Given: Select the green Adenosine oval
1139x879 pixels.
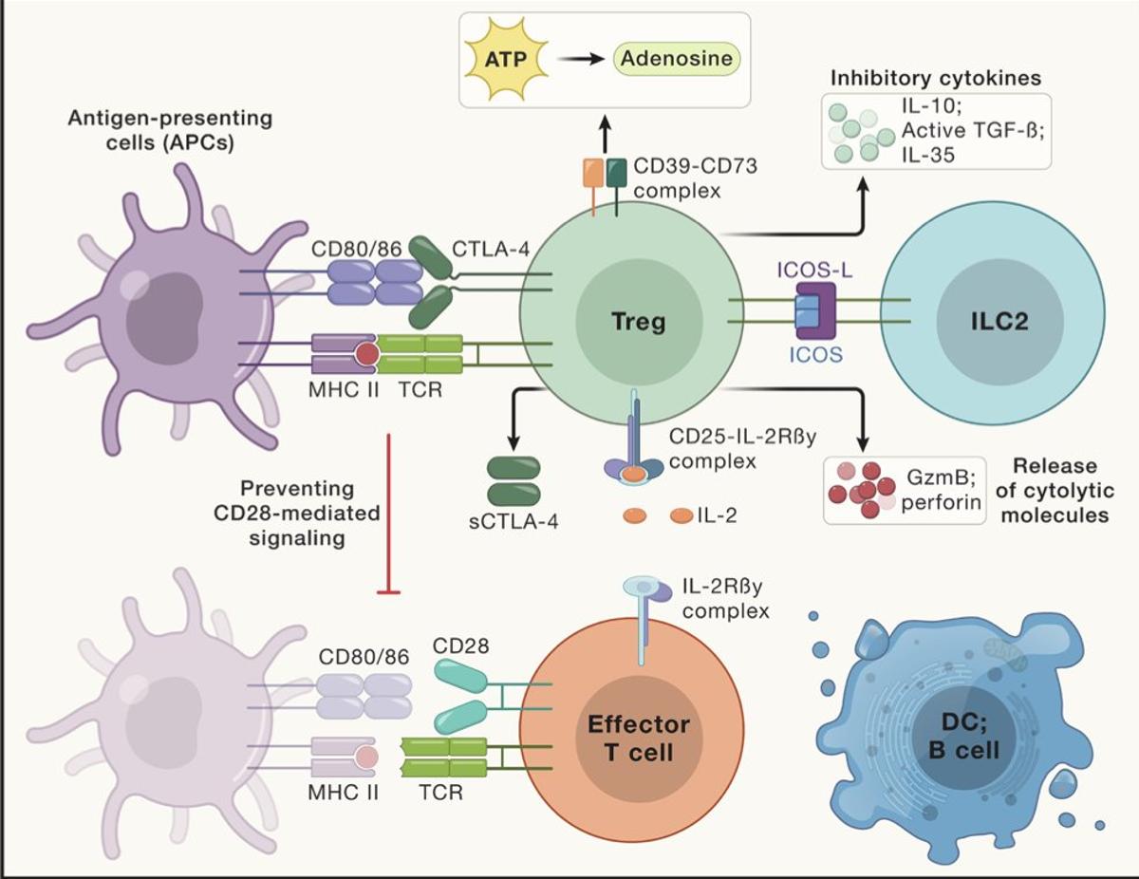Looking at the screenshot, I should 676,60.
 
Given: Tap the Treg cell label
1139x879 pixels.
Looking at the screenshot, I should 638,320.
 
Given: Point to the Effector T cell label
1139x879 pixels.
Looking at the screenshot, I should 638,739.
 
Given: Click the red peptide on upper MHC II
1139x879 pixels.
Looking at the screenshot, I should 365,355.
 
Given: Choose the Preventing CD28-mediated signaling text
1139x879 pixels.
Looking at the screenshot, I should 296,514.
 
